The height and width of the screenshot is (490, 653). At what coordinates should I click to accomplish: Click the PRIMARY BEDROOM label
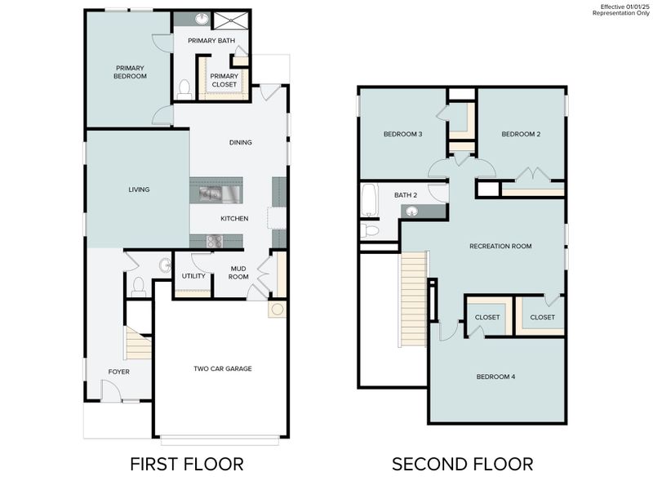coord(131,72)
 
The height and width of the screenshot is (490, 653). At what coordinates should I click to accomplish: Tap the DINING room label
coord(240,142)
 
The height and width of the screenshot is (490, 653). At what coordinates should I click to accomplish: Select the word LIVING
coord(139,189)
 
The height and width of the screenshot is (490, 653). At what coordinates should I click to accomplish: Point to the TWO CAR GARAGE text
coord(222,368)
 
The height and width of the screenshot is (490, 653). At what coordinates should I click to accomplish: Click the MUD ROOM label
coord(238,272)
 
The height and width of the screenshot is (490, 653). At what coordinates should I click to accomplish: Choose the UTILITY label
coord(193,276)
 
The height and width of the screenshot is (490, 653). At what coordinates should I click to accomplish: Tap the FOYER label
coord(119,372)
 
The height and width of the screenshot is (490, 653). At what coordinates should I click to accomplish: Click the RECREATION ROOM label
coord(500,246)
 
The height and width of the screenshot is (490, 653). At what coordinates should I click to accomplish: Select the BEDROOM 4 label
coord(495,376)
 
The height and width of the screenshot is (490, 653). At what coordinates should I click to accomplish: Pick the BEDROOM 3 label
coord(402,134)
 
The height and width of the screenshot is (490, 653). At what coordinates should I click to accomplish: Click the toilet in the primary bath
coord(184,88)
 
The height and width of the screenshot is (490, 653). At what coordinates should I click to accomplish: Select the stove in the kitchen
coord(215,241)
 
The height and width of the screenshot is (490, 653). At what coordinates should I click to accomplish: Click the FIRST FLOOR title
coord(187,464)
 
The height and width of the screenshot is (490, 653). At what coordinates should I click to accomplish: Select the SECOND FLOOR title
coord(462,464)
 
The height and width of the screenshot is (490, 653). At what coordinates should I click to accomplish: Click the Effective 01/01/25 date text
coord(624,7)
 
